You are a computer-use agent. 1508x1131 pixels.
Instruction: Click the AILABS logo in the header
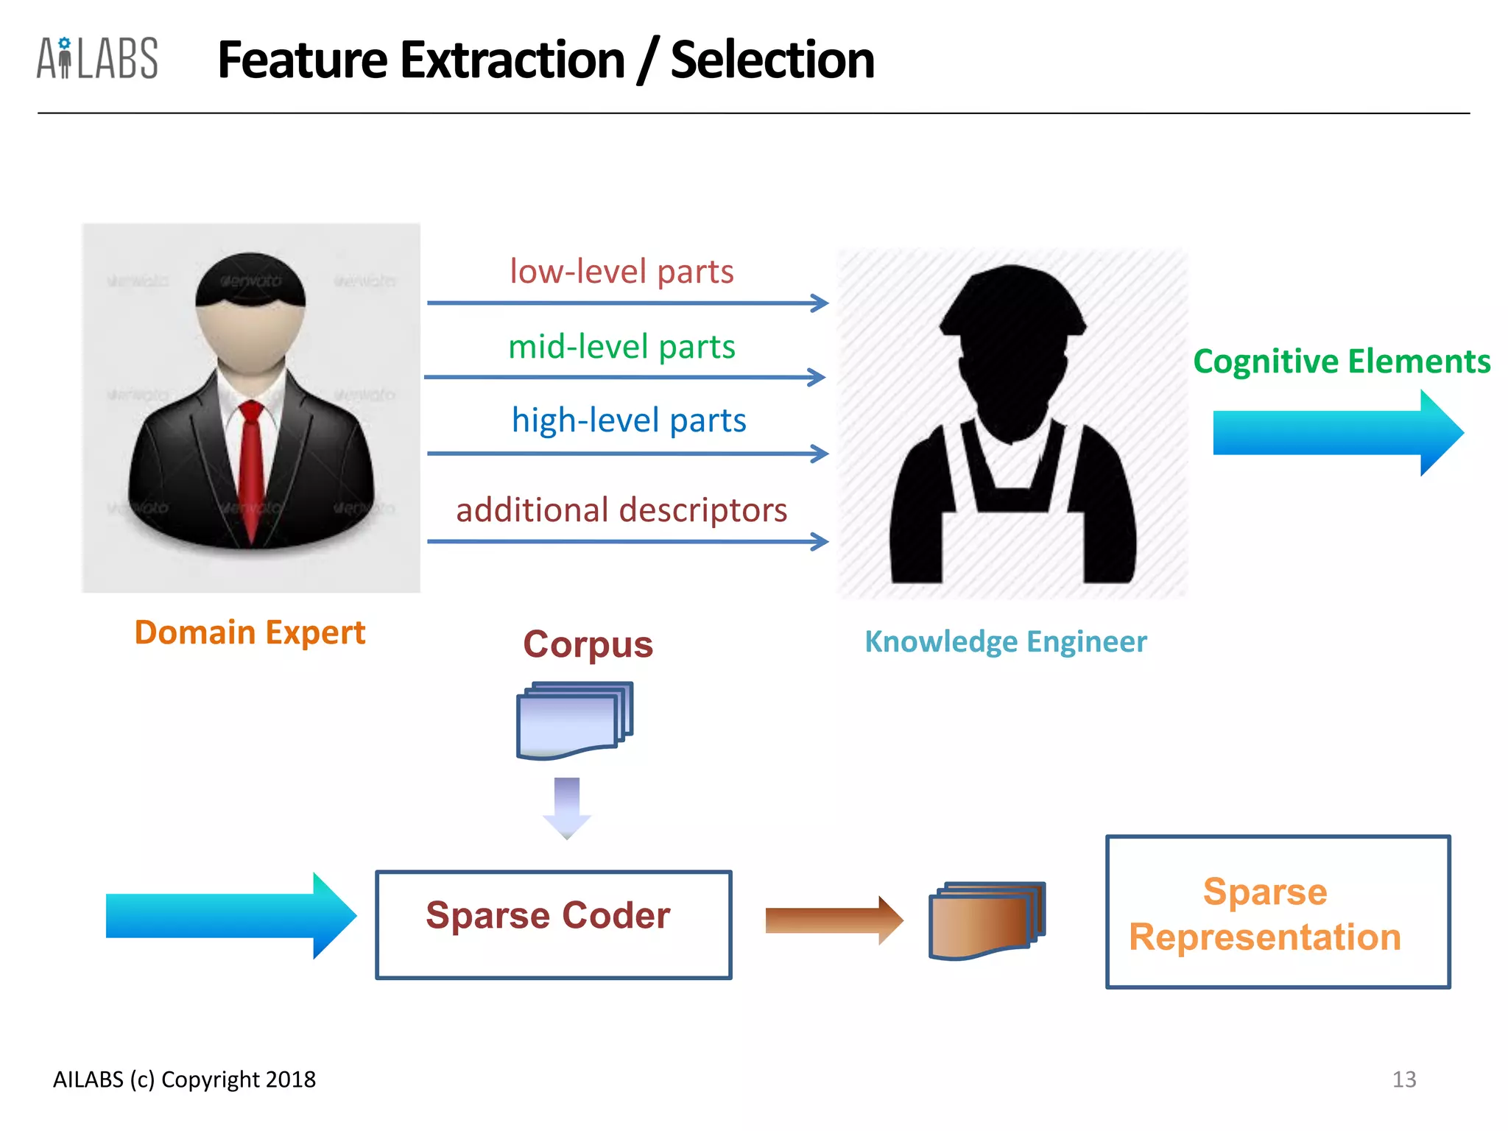[x=97, y=58]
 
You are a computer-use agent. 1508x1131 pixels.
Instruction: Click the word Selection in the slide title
[x=772, y=60]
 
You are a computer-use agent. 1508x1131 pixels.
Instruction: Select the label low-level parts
[x=621, y=271]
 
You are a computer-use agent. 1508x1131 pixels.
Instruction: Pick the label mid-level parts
[x=621, y=346]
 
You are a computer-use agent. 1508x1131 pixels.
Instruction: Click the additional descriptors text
[x=621, y=510]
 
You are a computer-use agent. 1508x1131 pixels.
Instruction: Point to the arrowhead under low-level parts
[x=820, y=303]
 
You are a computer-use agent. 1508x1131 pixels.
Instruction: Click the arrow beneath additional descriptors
[x=626, y=542]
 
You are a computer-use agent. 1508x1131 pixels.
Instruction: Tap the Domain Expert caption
[x=250, y=633]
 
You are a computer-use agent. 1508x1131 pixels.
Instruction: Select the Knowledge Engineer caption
[x=1005, y=641]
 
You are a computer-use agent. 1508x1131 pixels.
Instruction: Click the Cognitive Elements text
[x=1341, y=362]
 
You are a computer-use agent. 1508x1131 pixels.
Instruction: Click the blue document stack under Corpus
[x=574, y=721]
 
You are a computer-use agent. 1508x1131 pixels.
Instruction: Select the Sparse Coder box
[x=553, y=925]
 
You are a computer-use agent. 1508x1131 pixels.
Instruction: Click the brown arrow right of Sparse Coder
[x=833, y=920]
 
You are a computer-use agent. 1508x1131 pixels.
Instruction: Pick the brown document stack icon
[x=986, y=920]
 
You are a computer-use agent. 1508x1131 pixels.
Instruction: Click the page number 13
[x=1403, y=1079]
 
